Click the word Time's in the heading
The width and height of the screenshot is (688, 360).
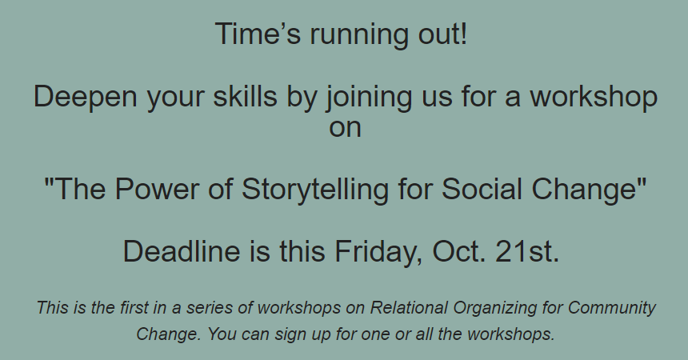[x=258, y=34]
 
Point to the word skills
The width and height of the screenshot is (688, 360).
[x=245, y=96]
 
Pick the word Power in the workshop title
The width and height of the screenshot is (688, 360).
[x=156, y=190]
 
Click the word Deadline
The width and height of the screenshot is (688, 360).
[x=182, y=251]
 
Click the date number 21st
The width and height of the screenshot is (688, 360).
[x=527, y=251]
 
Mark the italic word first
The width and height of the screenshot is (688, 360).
[x=134, y=308]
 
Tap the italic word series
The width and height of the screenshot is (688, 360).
[x=210, y=308]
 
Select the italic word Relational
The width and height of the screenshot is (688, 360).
[x=409, y=308]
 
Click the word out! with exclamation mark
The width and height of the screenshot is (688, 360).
[x=442, y=34]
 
